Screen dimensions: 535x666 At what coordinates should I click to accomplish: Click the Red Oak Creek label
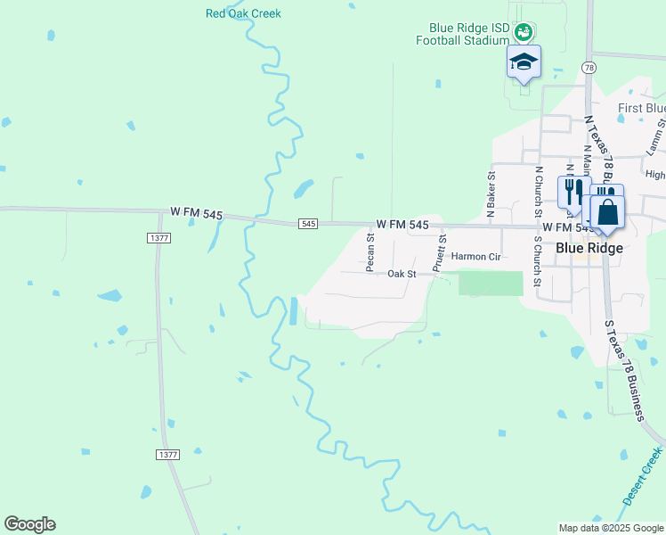point(243,13)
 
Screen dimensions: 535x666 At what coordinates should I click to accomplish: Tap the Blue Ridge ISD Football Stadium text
point(462,34)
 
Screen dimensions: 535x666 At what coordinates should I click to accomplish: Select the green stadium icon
point(524,33)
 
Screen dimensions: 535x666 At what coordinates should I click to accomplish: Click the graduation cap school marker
point(524,62)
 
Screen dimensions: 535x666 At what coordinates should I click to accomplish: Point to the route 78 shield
point(589,68)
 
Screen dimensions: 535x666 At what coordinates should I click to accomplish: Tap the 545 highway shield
point(308,223)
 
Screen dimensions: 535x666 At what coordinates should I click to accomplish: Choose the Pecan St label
point(370,251)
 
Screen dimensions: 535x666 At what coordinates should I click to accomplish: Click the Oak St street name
point(402,274)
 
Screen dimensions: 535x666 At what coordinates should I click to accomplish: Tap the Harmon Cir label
point(477,257)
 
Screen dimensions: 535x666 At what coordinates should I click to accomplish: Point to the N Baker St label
point(491,195)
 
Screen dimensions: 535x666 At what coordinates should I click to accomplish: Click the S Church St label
point(537,259)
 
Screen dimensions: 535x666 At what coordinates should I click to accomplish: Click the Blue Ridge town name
point(589,249)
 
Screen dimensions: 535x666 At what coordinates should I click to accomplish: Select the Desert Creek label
point(642,477)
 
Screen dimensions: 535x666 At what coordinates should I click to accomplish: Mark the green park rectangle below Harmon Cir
point(491,284)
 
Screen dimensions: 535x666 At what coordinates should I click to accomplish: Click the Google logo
point(29,524)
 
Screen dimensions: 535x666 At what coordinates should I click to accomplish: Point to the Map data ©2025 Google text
point(610,528)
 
